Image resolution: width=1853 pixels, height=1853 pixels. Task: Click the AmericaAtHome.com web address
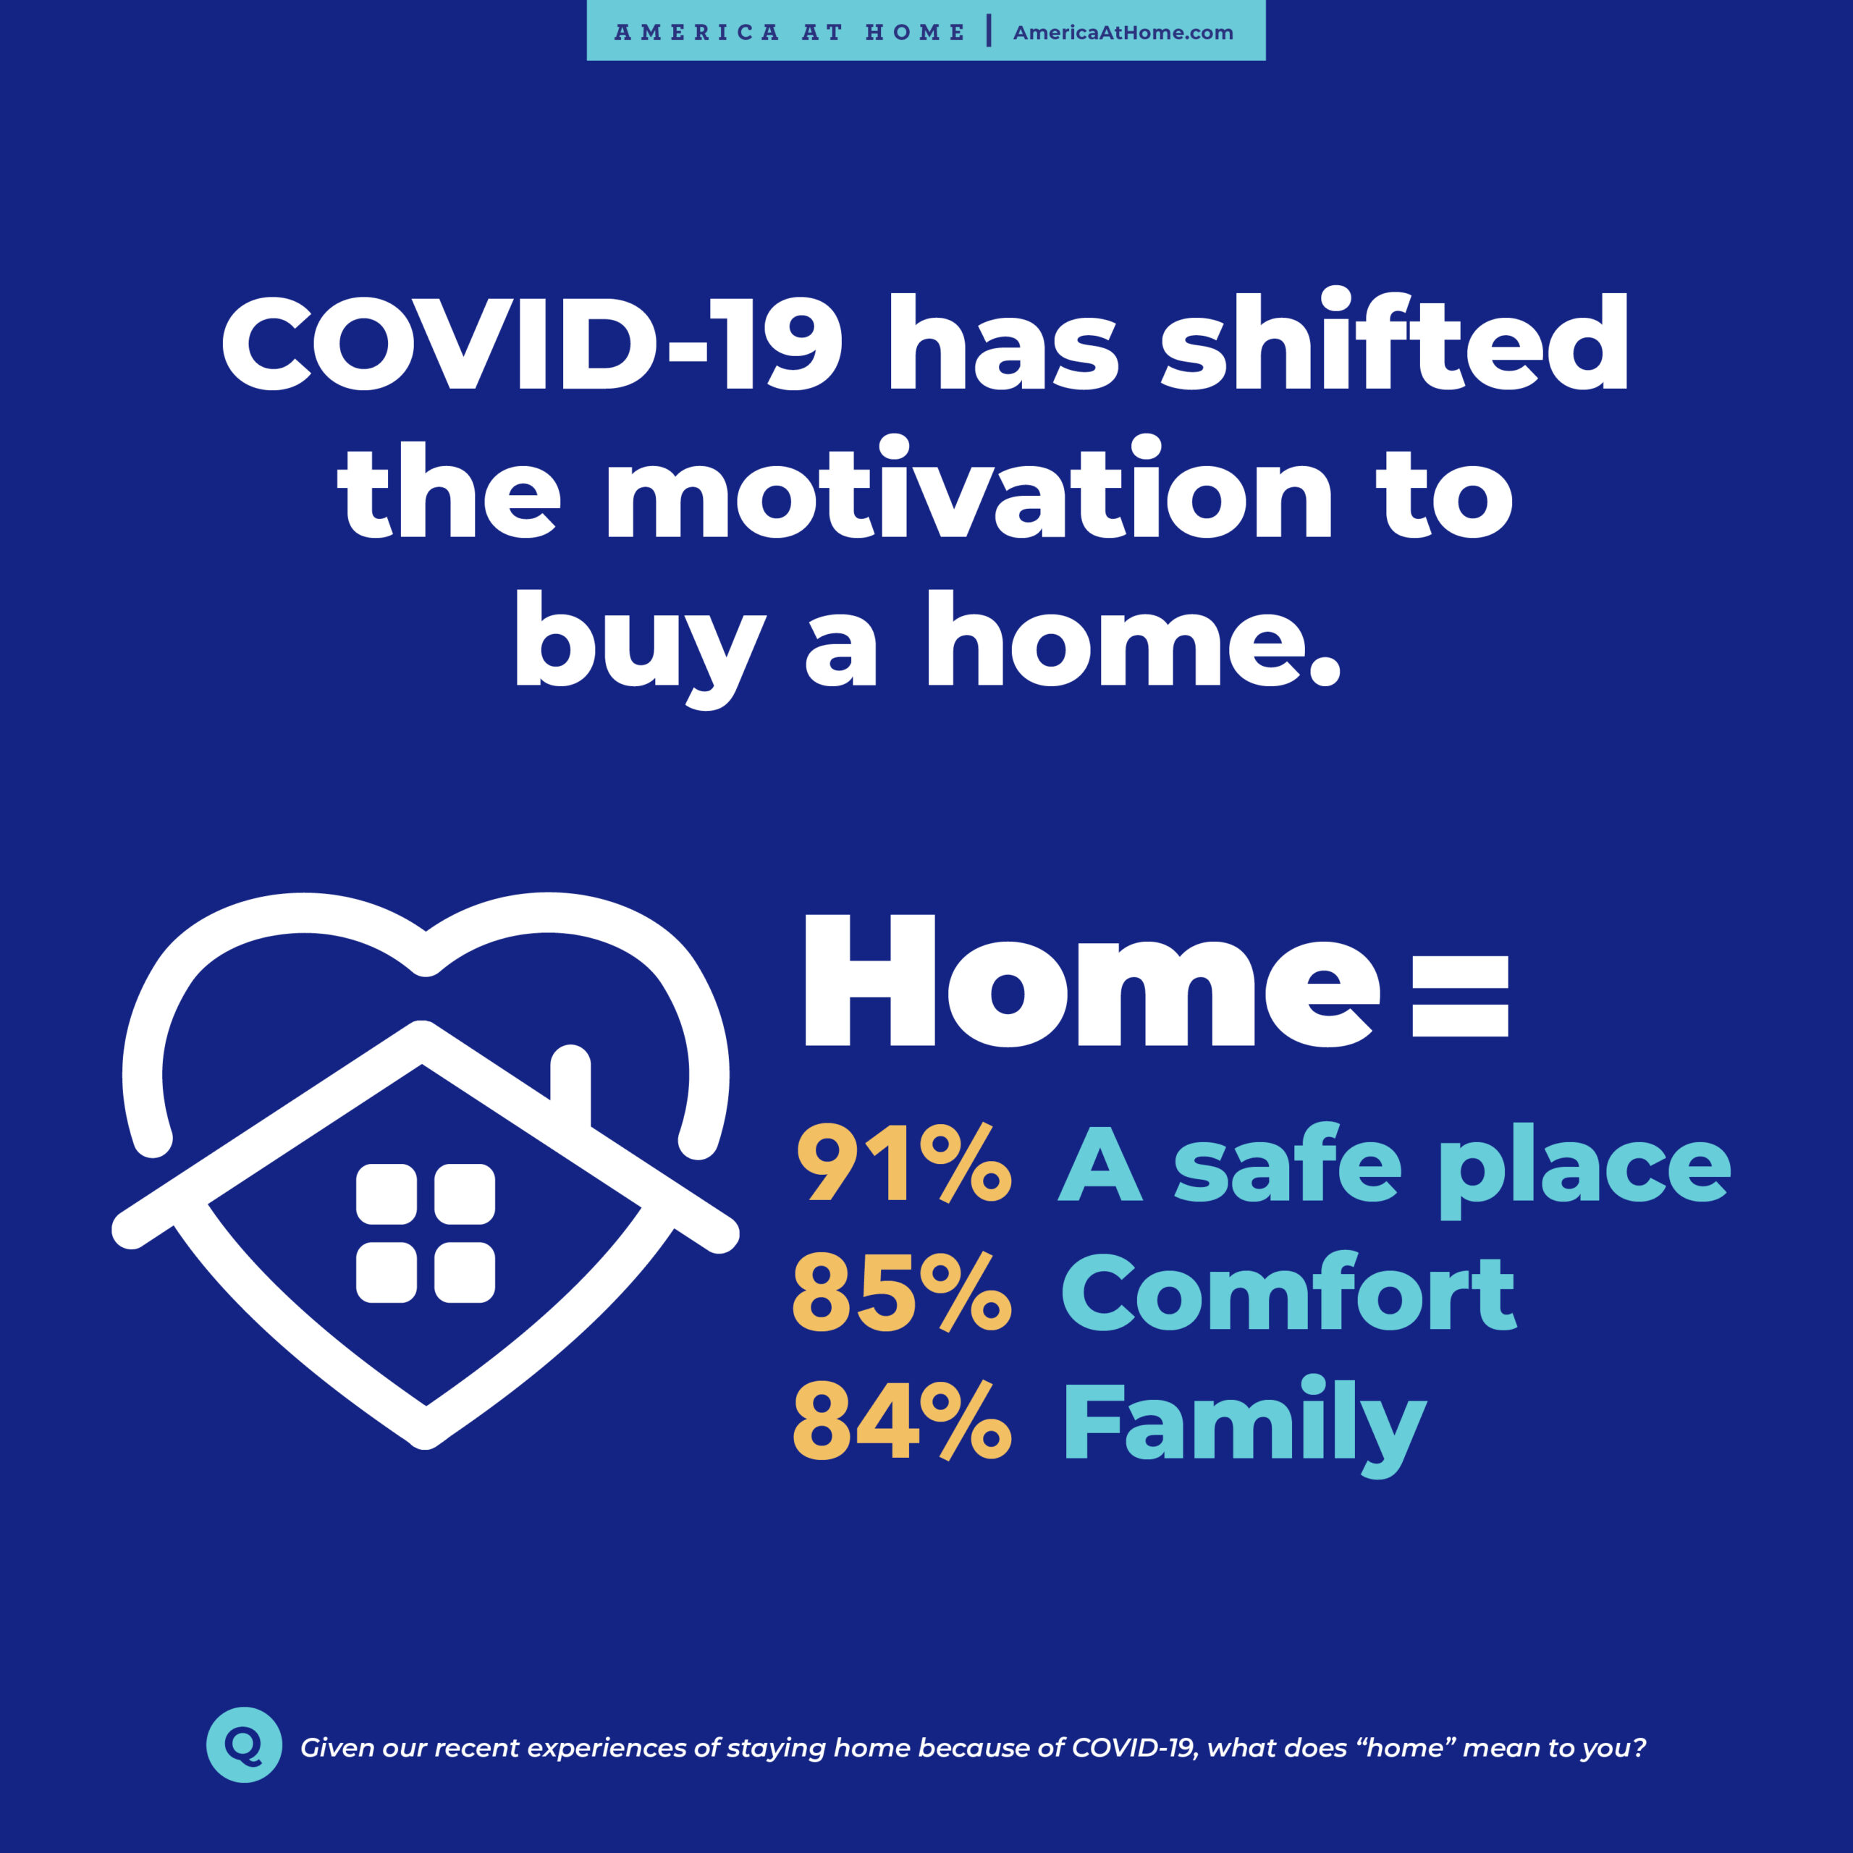[x=1123, y=33]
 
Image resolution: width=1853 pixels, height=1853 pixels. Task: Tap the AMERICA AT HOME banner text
[x=790, y=33]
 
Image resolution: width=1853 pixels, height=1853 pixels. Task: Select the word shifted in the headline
[x=1395, y=339]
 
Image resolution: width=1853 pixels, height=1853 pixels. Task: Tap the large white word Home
[x=1092, y=979]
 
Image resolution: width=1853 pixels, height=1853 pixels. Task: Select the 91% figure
[x=903, y=1165]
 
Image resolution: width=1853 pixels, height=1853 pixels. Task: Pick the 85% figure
[x=902, y=1293]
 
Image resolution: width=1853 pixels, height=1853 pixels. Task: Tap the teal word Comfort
[x=1289, y=1292]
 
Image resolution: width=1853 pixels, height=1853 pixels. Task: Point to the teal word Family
[x=1245, y=1427]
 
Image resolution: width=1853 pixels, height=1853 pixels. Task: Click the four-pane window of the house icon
[x=426, y=1233]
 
